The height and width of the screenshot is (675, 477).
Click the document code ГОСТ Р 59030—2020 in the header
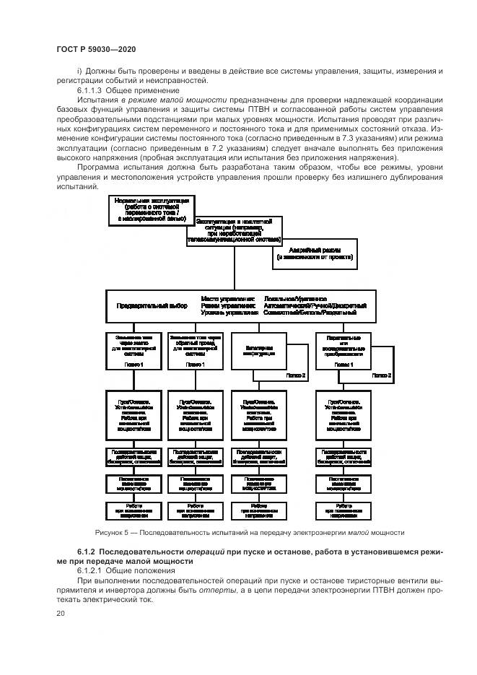(x=95, y=48)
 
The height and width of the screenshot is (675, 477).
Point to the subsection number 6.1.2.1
(x=89, y=570)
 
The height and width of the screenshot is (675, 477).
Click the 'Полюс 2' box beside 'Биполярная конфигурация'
(x=294, y=375)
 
